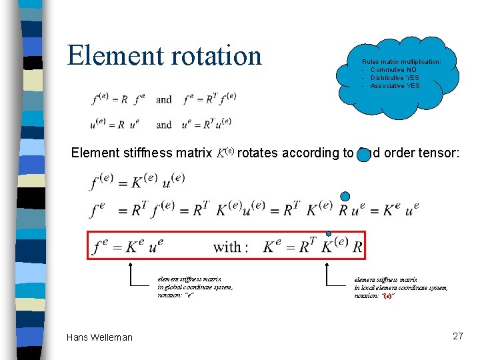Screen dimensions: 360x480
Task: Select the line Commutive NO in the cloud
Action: pyautogui.click(x=395, y=70)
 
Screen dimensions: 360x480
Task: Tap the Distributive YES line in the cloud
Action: pyautogui.click(x=395, y=78)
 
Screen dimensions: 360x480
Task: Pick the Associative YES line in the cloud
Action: pyautogui.click(x=395, y=86)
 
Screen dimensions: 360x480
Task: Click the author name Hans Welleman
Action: pyautogui.click(x=99, y=337)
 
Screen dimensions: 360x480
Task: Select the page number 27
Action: pyautogui.click(x=457, y=336)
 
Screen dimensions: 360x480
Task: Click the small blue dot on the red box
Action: pyautogui.click(x=328, y=233)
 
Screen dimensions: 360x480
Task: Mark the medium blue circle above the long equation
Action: pyautogui.click(x=345, y=196)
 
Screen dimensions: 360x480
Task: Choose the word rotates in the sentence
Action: pyautogui.click(x=258, y=153)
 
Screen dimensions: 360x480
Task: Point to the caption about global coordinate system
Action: pyautogui.click(x=195, y=287)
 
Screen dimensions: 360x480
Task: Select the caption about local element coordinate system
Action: pyautogui.click(x=401, y=287)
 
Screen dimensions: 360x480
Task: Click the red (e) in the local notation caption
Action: pyautogui.click(x=387, y=295)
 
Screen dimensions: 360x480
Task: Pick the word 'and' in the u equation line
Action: pyautogui.click(x=164, y=124)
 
